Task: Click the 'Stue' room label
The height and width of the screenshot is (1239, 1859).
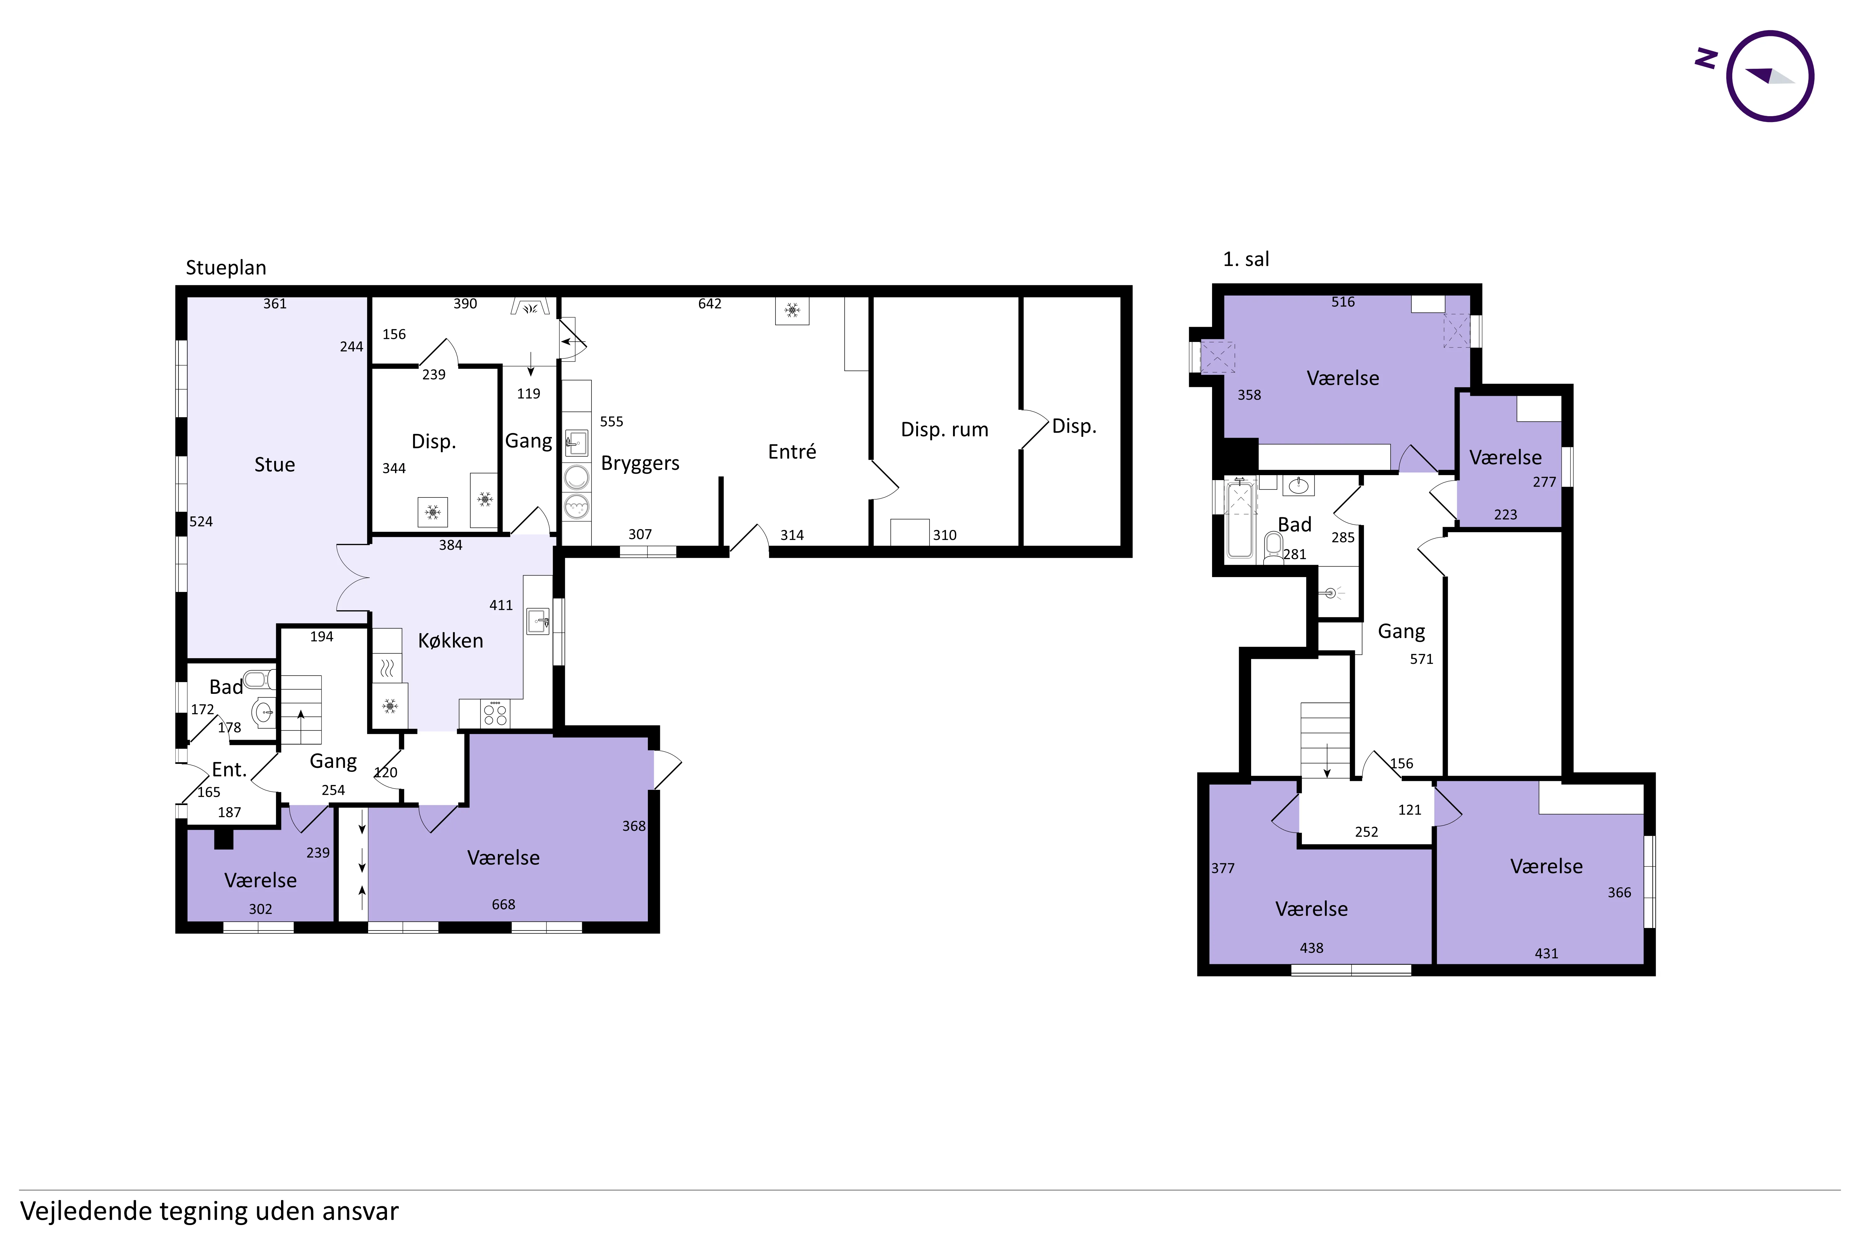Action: pos(274,465)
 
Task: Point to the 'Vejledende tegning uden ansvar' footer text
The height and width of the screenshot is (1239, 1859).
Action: pos(209,1211)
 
